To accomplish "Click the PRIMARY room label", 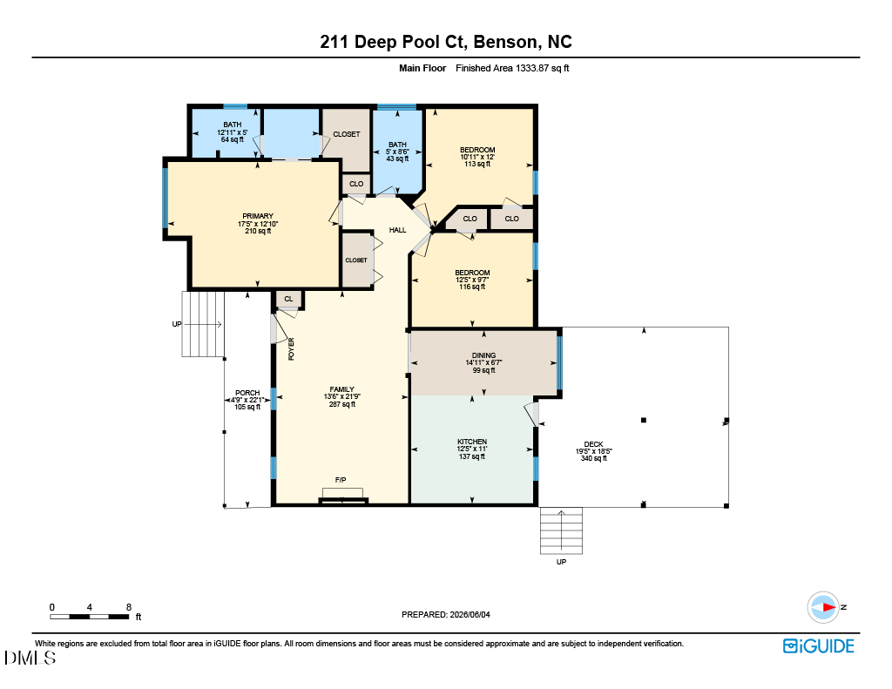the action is [258, 216].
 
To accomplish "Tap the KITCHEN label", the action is [472, 442].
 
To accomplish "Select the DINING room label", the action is [483, 355].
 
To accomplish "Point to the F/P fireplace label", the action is [341, 480].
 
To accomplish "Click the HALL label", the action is [397, 230].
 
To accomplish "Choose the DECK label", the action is [593, 444].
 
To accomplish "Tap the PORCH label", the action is [247, 393].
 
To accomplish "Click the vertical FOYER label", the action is [291, 348].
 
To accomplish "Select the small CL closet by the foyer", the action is [288, 299].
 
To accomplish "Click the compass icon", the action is [823, 608].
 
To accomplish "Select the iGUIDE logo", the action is [819, 646].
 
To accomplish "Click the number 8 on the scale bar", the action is [129, 607].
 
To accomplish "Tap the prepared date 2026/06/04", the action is [470, 614].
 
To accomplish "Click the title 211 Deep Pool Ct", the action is [393, 42].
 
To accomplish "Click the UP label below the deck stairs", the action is [562, 562].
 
